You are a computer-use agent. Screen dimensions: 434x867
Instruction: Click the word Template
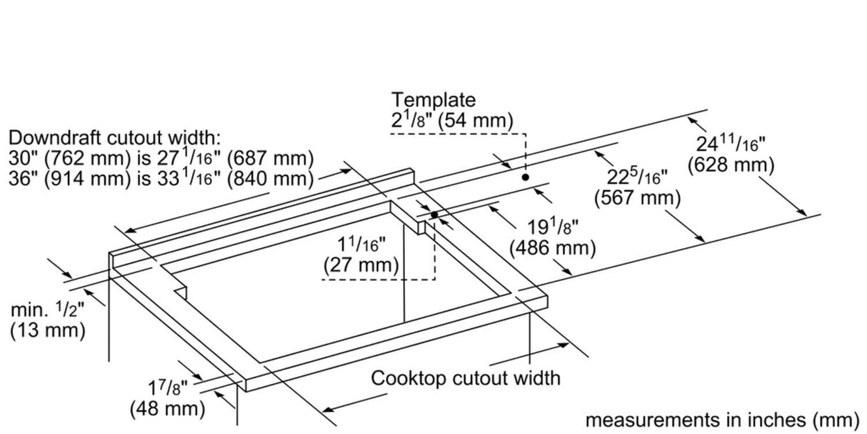(x=433, y=101)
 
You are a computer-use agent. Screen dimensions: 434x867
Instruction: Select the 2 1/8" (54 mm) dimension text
(x=451, y=121)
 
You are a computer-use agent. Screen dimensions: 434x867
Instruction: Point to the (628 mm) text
(x=731, y=165)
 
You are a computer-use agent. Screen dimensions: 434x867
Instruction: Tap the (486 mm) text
(x=552, y=248)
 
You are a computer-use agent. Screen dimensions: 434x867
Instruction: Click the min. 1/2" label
(x=47, y=310)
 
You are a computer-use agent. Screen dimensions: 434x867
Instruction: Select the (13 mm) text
(x=47, y=331)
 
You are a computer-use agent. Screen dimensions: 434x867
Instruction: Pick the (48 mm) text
(x=167, y=409)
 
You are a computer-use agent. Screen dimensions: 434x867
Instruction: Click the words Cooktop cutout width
(x=465, y=378)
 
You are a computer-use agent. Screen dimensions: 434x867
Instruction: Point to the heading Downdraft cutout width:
(x=115, y=137)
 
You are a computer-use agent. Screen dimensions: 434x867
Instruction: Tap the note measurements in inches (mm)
(x=723, y=420)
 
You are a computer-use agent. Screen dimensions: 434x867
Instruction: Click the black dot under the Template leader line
(x=525, y=177)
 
